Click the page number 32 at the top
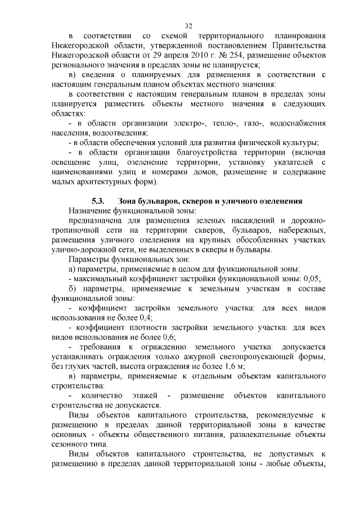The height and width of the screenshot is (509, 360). [x=188, y=26]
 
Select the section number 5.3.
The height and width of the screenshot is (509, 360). [x=98, y=201]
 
